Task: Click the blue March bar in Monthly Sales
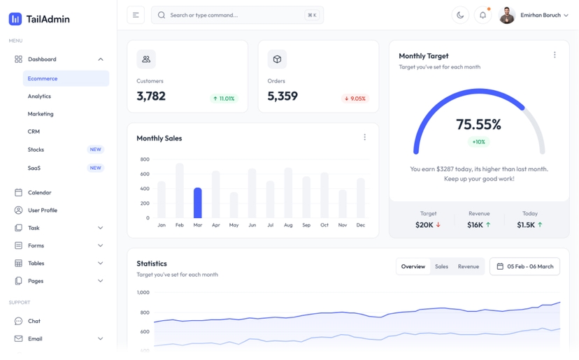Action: tap(198, 203)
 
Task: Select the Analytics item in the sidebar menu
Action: tap(39, 96)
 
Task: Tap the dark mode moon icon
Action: tap(460, 15)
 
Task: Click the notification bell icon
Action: tap(482, 15)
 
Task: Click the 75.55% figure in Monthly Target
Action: tap(478, 124)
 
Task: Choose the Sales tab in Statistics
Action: tap(441, 266)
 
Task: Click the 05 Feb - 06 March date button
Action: tap(524, 266)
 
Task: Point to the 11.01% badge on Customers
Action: tap(224, 99)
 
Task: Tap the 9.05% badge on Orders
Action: tap(355, 99)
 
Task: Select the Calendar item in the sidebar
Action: tap(39, 192)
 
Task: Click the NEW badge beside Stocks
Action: tap(95, 150)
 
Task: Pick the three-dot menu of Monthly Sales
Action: tap(364, 138)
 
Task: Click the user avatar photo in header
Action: tap(507, 15)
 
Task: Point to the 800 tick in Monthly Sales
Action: tap(145, 159)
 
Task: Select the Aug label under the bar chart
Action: tap(288, 225)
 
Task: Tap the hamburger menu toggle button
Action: tap(136, 15)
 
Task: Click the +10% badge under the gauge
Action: tap(478, 142)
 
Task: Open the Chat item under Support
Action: tap(34, 321)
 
